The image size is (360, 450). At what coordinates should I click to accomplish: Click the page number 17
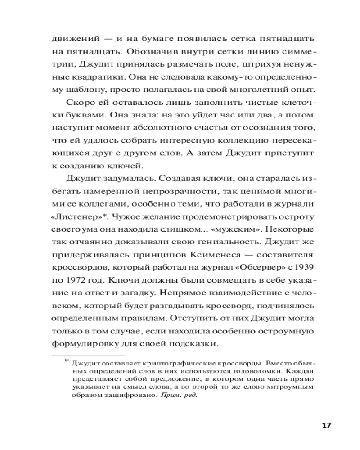(327, 425)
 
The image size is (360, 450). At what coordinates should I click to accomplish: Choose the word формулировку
(89, 344)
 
